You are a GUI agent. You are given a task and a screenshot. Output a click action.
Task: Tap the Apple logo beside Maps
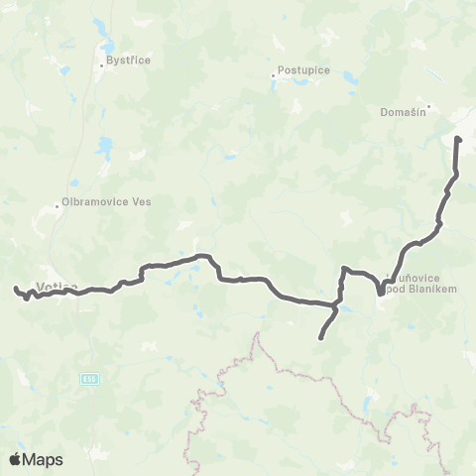pos(17,458)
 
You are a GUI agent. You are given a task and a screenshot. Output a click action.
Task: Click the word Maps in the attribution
pos(44,458)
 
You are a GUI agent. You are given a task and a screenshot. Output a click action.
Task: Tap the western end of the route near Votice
pos(14,289)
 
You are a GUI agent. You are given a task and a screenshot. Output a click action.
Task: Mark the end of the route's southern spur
pos(319,339)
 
